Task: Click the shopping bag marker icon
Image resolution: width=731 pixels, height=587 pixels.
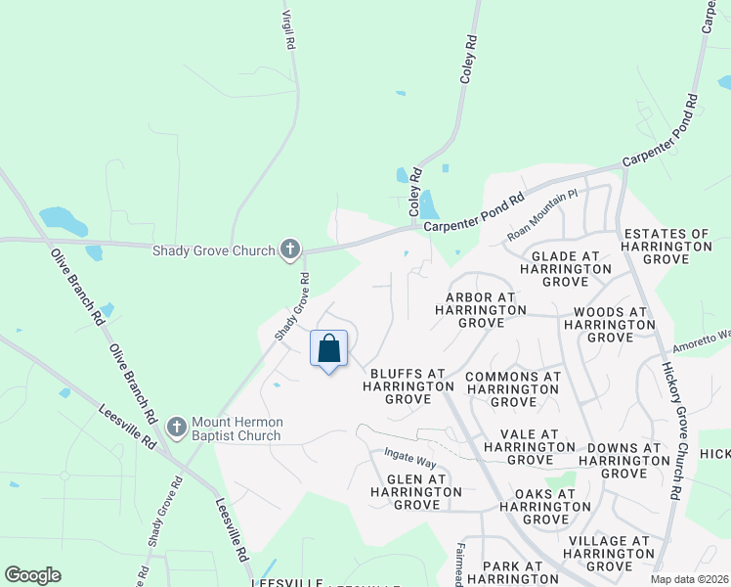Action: click(329, 349)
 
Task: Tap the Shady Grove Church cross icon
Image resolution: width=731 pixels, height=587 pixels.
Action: click(290, 250)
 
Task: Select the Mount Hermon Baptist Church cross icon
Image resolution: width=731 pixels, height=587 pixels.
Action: click(177, 428)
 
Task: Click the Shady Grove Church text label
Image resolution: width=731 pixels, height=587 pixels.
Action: click(213, 251)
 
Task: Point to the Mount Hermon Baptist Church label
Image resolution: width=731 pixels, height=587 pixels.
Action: click(237, 429)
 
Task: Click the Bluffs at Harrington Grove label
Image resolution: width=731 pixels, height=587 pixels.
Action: click(408, 386)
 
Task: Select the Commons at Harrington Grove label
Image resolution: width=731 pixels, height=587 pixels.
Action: click(513, 389)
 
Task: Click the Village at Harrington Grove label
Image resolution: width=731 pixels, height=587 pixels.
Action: click(609, 554)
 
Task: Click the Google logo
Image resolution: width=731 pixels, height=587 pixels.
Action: click(32, 575)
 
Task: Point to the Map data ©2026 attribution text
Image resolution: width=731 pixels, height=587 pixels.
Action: click(688, 579)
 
